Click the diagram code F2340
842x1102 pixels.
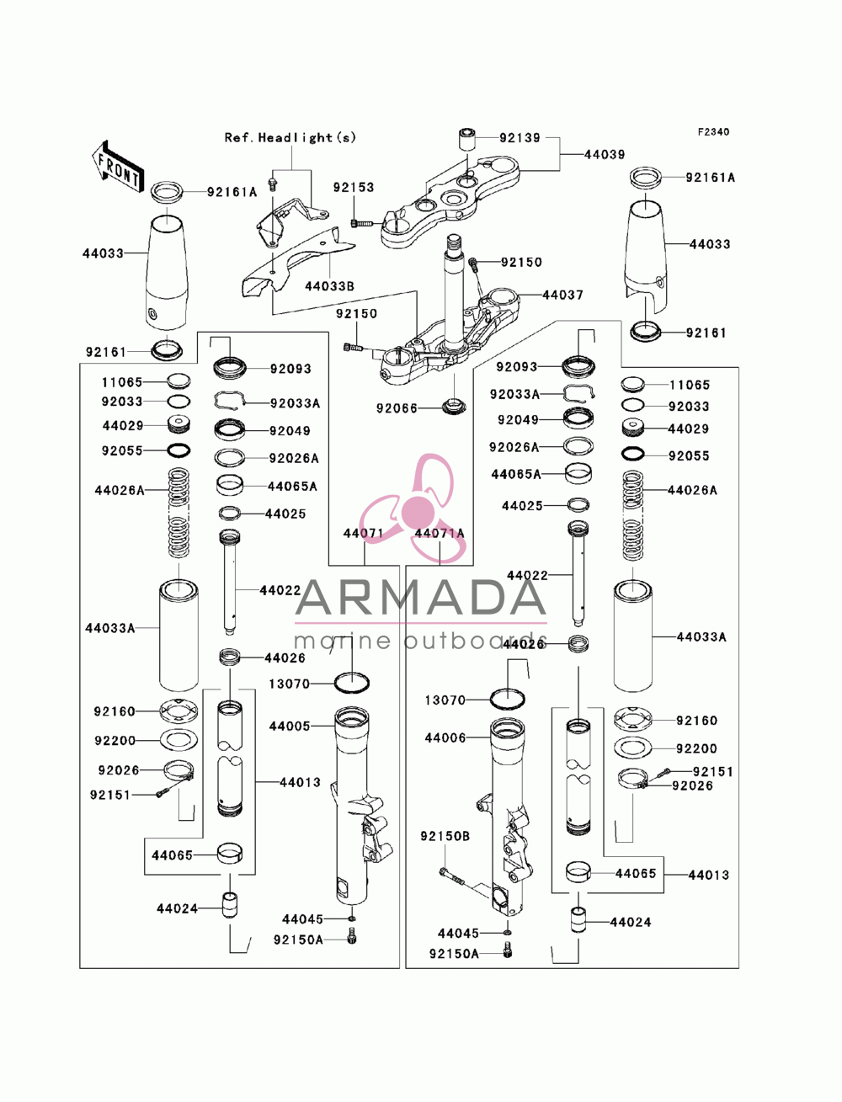(x=713, y=132)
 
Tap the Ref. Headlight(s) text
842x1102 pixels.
(x=290, y=137)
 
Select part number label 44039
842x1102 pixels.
(x=605, y=155)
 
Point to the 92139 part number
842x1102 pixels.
(x=520, y=137)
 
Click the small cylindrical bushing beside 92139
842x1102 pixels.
(x=466, y=139)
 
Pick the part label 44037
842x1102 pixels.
(x=562, y=295)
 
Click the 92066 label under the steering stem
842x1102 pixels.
(x=397, y=408)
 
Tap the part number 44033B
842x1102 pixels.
(x=329, y=286)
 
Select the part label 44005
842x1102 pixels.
(x=290, y=726)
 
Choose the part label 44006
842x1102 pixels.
(x=445, y=738)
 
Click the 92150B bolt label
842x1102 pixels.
(x=445, y=837)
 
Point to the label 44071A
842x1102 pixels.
(x=440, y=533)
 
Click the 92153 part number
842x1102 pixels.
(x=354, y=187)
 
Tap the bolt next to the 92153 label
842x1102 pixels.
(x=360, y=223)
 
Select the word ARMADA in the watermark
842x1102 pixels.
(x=420, y=597)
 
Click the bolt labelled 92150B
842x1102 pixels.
(x=452, y=876)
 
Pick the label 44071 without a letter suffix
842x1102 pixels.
(x=364, y=533)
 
